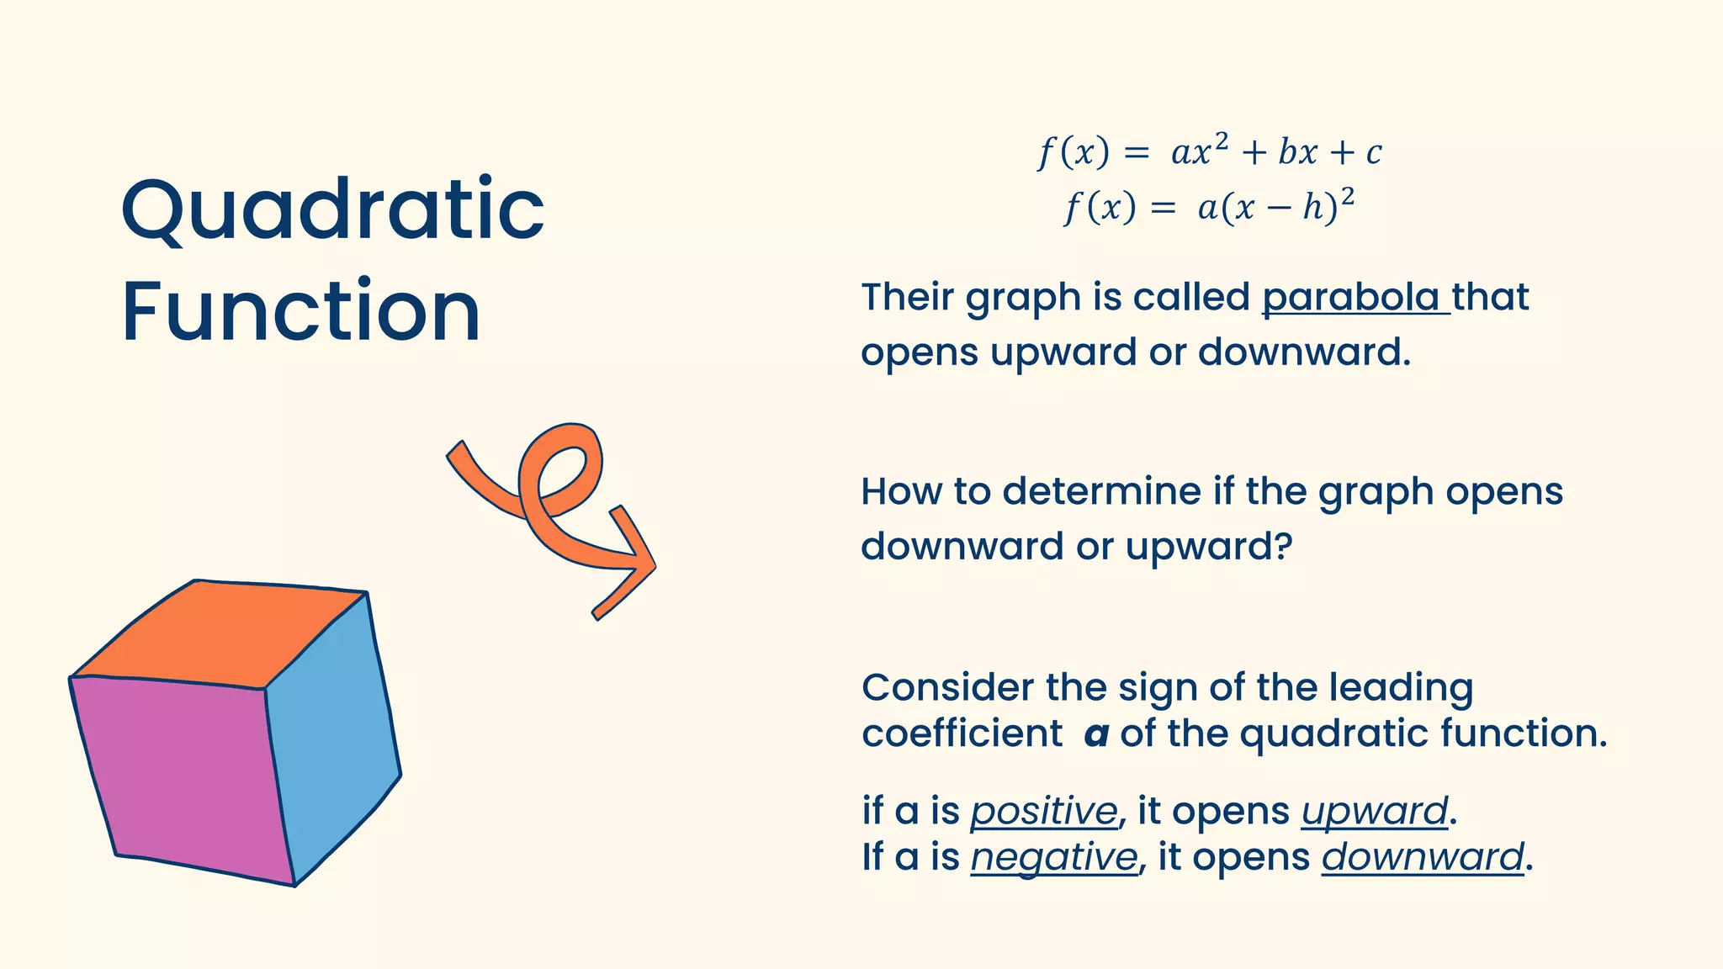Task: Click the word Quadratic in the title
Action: tap(333, 210)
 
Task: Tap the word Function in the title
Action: tap(301, 311)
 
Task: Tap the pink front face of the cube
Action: tap(182, 774)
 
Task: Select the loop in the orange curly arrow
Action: tap(562, 471)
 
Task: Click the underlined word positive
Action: tap(1043, 812)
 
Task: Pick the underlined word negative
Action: tap(1053, 858)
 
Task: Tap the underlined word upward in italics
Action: tap(1374, 812)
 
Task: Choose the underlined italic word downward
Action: tap(1422, 858)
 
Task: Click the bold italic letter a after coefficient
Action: tap(1095, 734)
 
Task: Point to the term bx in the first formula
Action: tap(1297, 153)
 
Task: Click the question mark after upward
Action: tap(1282, 547)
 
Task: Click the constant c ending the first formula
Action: tap(1373, 153)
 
